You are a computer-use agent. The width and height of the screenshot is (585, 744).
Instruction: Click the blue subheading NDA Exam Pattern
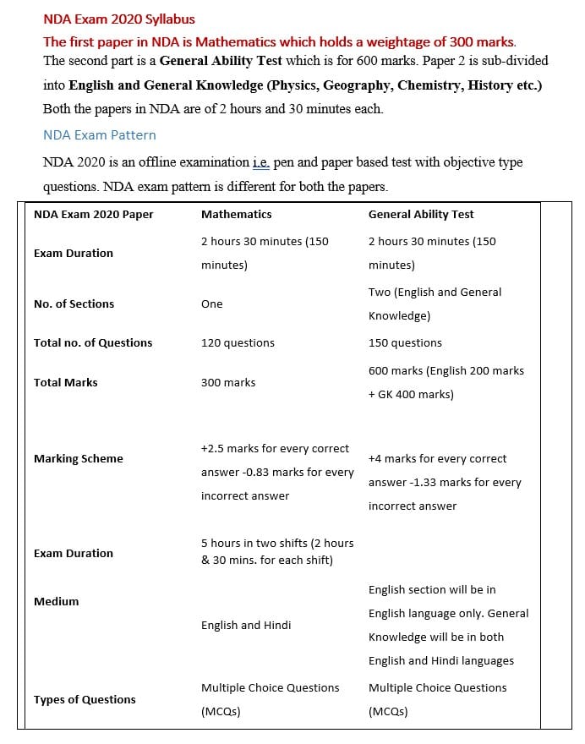pos(99,135)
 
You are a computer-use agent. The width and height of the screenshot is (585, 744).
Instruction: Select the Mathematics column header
pos(236,215)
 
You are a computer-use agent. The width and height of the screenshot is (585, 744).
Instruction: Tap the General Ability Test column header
pos(421,215)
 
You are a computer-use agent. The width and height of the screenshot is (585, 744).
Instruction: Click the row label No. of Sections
pos(74,304)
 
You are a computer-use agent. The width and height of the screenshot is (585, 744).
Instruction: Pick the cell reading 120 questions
pos(238,343)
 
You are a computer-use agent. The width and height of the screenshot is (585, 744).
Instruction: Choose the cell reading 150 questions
pos(405,343)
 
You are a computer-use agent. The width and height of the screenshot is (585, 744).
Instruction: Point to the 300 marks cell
pos(228,383)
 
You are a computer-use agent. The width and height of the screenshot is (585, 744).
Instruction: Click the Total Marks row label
pos(65,383)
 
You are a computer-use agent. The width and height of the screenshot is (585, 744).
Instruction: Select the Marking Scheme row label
pos(78,459)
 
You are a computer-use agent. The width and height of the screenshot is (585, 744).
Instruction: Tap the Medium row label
pos(56,602)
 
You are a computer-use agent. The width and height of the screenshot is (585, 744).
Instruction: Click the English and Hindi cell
pos(246,626)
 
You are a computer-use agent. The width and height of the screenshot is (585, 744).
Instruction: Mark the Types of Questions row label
pos(85,700)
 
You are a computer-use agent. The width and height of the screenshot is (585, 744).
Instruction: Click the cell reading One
pos(212,304)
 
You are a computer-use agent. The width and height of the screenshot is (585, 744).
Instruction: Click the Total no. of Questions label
pos(93,343)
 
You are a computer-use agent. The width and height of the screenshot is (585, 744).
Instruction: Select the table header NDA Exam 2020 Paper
pos(94,215)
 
